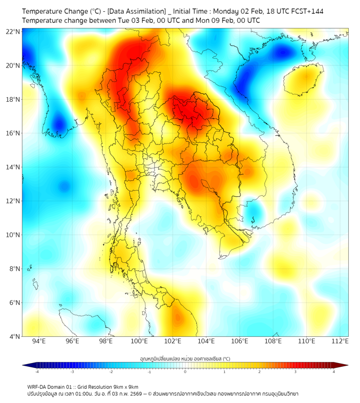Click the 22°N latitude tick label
(x=13, y=31)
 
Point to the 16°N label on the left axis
(x=13, y=133)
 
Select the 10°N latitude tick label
(x=13, y=235)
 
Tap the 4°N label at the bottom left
(x=14, y=336)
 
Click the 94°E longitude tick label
(x=39, y=341)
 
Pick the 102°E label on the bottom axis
(x=173, y=341)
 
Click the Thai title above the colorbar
(x=185, y=359)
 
